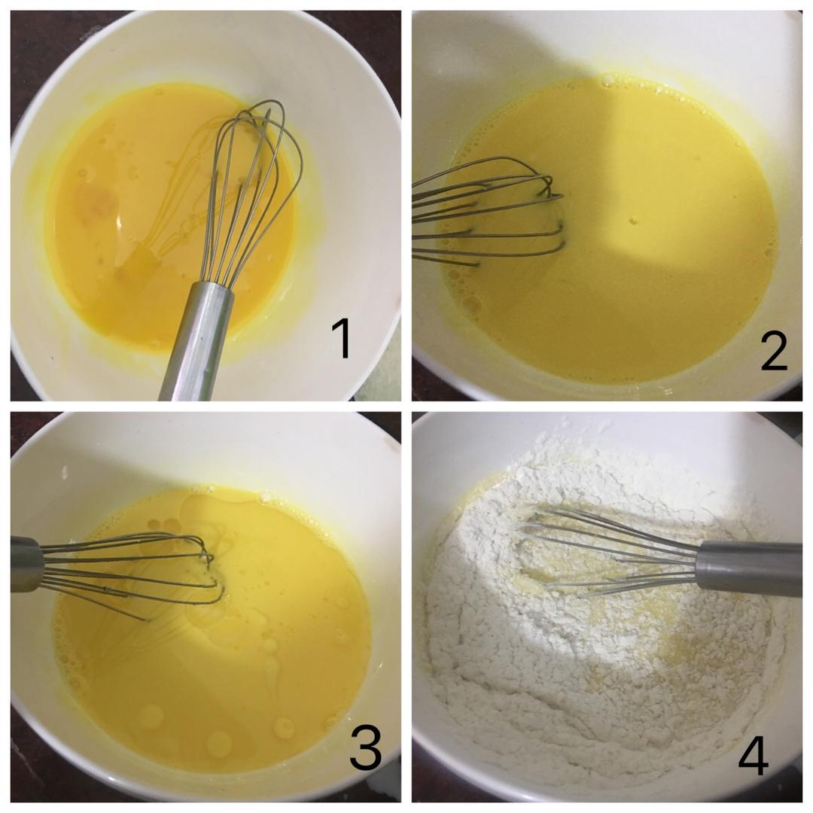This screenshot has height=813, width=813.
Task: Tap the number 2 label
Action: (x=774, y=352)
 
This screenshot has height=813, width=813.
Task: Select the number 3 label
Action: (x=366, y=748)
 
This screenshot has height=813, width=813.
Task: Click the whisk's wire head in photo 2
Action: (x=487, y=211)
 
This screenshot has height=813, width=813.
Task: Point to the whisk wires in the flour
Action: (x=612, y=553)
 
